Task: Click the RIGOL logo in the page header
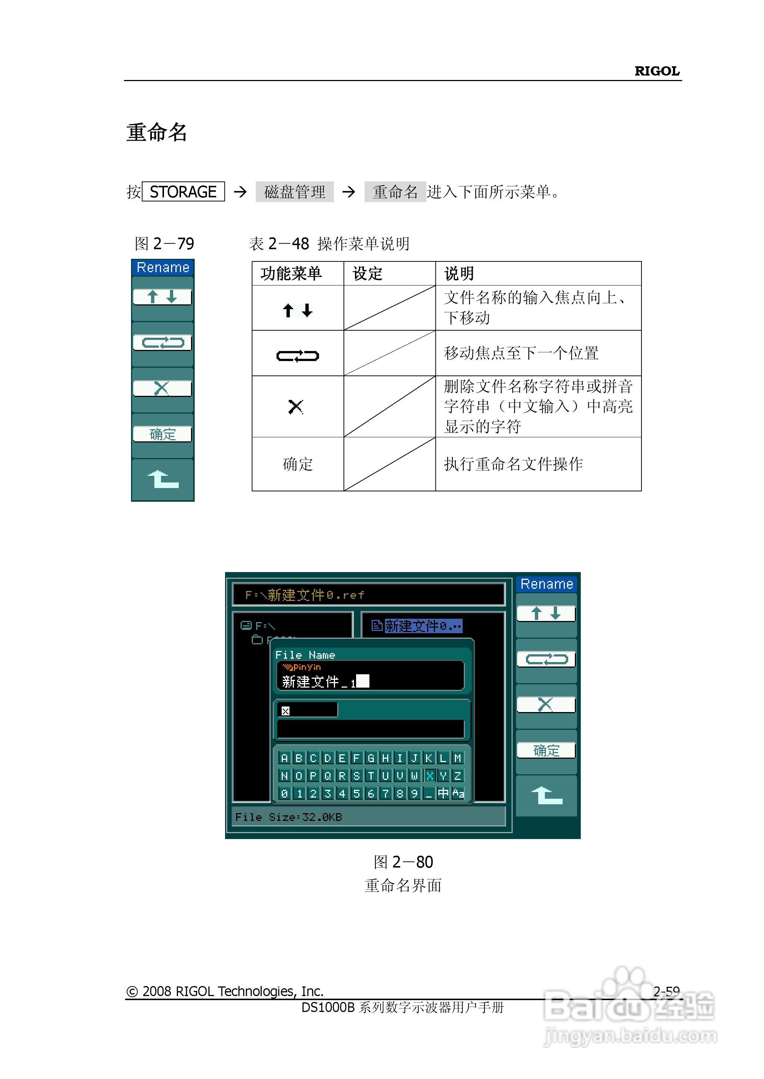pos(657,71)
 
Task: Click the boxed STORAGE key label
pos(183,191)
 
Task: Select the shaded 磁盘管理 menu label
pos(295,191)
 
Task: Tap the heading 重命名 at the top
pos(157,132)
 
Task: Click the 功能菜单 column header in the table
pos(291,273)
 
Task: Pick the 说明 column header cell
pos(459,273)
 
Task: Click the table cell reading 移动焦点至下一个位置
pos(521,353)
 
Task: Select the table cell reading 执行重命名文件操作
pos(513,464)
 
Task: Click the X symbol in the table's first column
pos(296,407)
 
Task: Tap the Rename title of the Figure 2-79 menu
pos(163,268)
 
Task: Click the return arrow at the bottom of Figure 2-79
pos(163,480)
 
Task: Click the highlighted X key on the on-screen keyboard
pos(429,775)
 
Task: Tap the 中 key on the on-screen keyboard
pos(443,794)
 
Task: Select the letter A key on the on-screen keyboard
pos(284,758)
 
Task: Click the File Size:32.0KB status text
pos(288,817)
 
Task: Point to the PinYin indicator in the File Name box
pos(302,667)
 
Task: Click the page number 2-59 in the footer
pos(666,992)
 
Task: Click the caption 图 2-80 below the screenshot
pos(403,862)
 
